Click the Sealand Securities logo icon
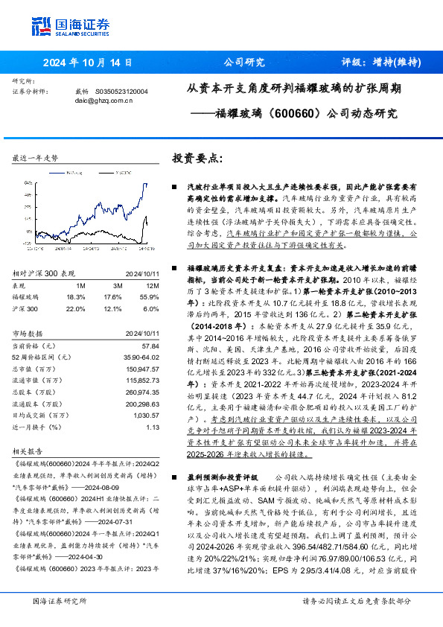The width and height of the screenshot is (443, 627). (41, 25)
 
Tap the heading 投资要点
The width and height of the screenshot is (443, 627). (197, 159)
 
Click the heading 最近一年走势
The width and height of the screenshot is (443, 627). (35, 159)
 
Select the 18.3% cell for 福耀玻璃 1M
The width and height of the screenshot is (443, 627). (76, 276)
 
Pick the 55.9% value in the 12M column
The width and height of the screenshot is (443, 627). (150, 276)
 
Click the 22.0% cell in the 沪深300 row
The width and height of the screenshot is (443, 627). (76, 287)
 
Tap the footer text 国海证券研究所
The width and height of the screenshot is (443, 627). (60, 600)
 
